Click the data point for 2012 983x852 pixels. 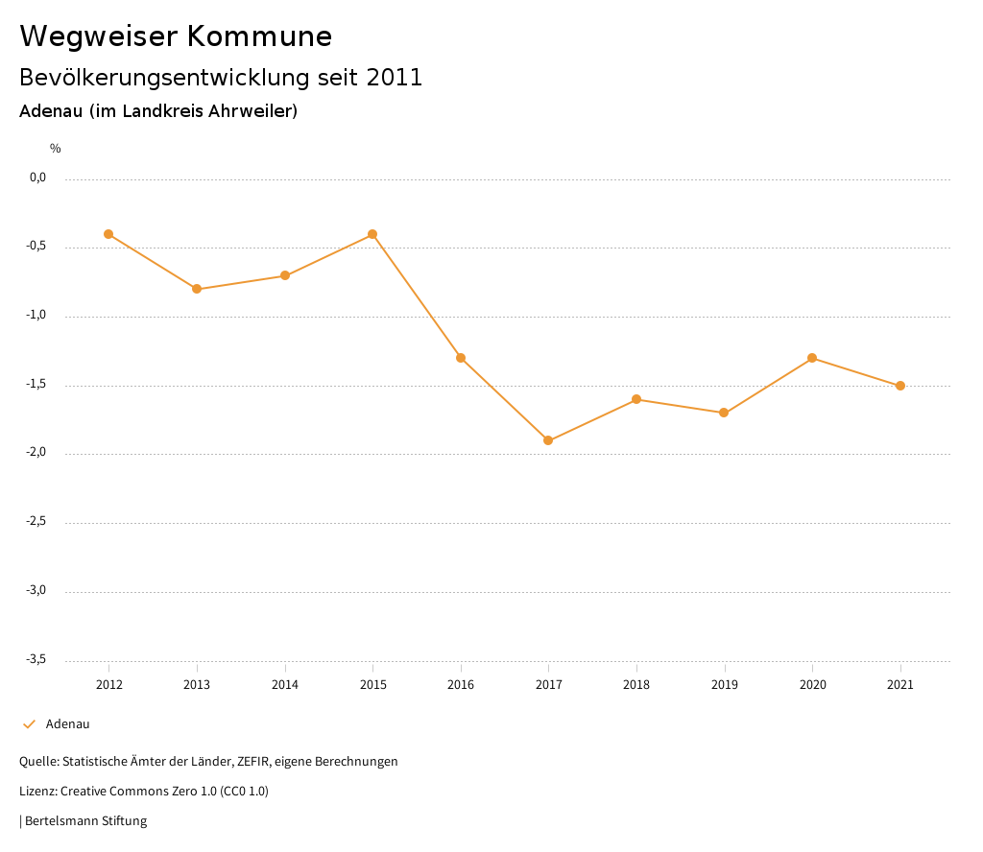pyautogui.click(x=108, y=234)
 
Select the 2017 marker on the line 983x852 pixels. pyautogui.click(x=548, y=440)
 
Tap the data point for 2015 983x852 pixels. pyautogui.click(x=372, y=234)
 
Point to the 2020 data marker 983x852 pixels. pyautogui.click(x=812, y=358)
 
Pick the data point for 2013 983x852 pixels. pyautogui.click(x=197, y=289)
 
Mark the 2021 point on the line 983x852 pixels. pyautogui.click(x=900, y=386)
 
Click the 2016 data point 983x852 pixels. pyautogui.click(x=461, y=358)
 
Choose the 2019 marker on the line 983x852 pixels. pyautogui.click(x=724, y=413)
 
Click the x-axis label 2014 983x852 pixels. pyautogui.click(x=285, y=685)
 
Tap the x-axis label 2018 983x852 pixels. pyautogui.click(x=636, y=685)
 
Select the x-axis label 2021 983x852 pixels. pyautogui.click(x=900, y=685)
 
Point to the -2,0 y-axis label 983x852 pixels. pyautogui.click(x=36, y=453)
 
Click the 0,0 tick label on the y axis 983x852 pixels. pyautogui.click(x=38, y=177)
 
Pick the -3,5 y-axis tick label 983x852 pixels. pyautogui.click(x=36, y=659)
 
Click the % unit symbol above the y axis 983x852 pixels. pyautogui.click(x=56, y=149)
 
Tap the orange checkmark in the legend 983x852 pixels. pyautogui.click(x=29, y=724)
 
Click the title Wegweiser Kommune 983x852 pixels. pyautogui.click(x=176, y=36)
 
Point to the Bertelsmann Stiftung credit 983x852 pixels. pyautogui.click(x=84, y=821)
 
